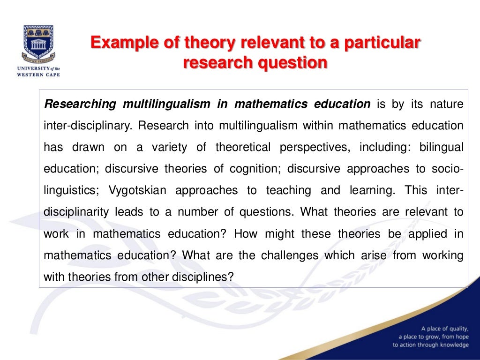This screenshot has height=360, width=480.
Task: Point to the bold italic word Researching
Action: pos(79,104)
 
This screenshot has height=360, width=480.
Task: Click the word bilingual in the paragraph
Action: pos(440,147)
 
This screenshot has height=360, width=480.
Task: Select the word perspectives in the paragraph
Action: pos(315,147)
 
